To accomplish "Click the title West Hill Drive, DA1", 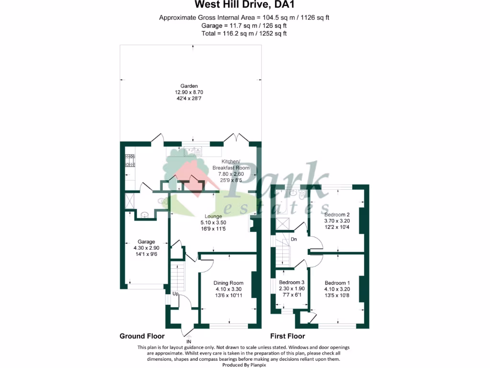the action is [x=245, y=5].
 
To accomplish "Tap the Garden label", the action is [x=189, y=86].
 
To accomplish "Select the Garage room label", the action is [x=146, y=241].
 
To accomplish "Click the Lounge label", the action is [x=213, y=216].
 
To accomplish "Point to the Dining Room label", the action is [x=228, y=283].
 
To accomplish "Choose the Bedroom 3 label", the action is [x=291, y=282].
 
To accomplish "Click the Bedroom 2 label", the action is [x=337, y=215].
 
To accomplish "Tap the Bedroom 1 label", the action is [x=337, y=283].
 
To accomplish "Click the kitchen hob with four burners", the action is [x=130, y=161].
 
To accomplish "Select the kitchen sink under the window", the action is [x=193, y=152].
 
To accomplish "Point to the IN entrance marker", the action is [x=189, y=342].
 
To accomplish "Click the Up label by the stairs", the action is [x=175, y=294].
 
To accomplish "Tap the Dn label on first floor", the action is [x=294, y=240].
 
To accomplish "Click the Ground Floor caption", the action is [x=142, y=336].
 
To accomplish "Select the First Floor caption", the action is [x=288, y=336].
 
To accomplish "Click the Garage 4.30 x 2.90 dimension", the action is [x=146, y=248].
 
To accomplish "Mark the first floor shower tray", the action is [x=282, y=224].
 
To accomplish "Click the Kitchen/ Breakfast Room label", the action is [x=231, y=165].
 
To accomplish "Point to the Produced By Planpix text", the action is [x=244, y=365].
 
